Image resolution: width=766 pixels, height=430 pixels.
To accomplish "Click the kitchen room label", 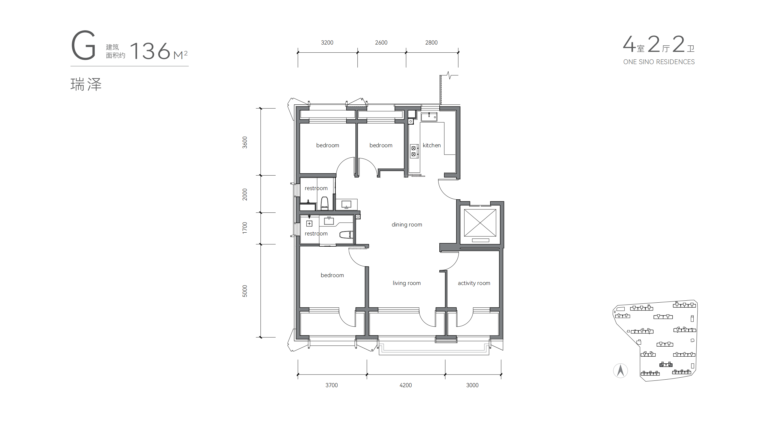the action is pyautogui.click(x=432, y=145).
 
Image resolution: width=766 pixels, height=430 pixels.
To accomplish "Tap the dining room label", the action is pyautogui.click(x=407, y=225).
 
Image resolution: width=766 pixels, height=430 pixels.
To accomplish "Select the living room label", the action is pyautogui.click(x=407, y=283).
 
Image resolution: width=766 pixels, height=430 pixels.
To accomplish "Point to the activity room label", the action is pyautogui.click(x=474, y=283).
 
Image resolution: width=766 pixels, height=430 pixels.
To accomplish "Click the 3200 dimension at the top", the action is pyautogui.click(x=327, y=43).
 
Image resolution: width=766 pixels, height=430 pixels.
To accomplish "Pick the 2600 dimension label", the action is pyautogui.click(x=381, y=43).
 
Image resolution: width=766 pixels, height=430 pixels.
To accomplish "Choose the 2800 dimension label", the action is pyautogui.click(x=431, y=43).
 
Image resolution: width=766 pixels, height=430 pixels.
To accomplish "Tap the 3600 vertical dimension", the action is pyautogui.click(x=244, y=142).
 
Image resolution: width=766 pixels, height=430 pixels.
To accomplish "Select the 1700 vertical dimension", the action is pyautogui.click(x=244, y=228).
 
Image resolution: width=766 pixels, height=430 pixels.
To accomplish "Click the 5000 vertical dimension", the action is pyautogui.click(x=244, y=291).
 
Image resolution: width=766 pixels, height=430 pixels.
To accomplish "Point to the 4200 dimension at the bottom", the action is pyautogui.click(x=405, y=385).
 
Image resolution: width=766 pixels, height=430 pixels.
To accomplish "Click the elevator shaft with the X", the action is pyautogui.click(x=480, y=223).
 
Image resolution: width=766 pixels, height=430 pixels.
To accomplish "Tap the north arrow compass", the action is pyautogui.click(x=620, y=371).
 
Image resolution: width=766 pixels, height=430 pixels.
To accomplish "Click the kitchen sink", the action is pyautogui.click(x=429, y=117).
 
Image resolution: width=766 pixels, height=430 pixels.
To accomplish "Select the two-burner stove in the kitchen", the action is pyautogui.click(x=413, y=151).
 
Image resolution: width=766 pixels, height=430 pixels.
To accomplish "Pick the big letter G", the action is pyautogui.click(x=84, y=45).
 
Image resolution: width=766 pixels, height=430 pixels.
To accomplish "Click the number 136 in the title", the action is pyautogui.click(x=150, y=51).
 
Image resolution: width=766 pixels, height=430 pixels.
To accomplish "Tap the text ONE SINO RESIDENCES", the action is pyautogui.click(x=659, y=62).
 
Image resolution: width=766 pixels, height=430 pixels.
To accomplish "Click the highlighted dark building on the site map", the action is pyautogui.click(x=666, y=364).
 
